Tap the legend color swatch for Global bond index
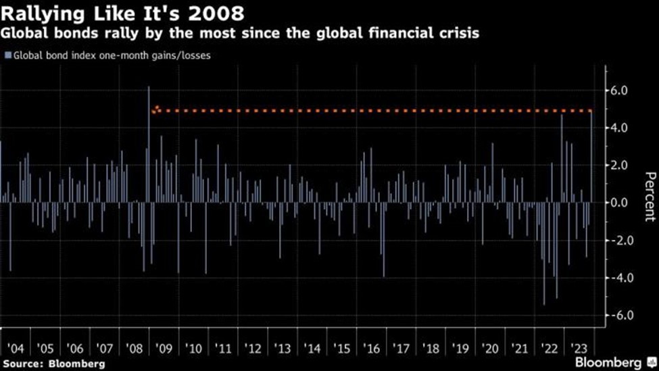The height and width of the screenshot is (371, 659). coord(7,56)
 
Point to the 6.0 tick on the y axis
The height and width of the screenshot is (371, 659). coord(620,91)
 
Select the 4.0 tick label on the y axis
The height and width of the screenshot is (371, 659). coord(620,128)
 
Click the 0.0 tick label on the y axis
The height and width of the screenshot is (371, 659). coord(620,203)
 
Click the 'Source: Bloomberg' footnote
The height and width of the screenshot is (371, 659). coord(53,364)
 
